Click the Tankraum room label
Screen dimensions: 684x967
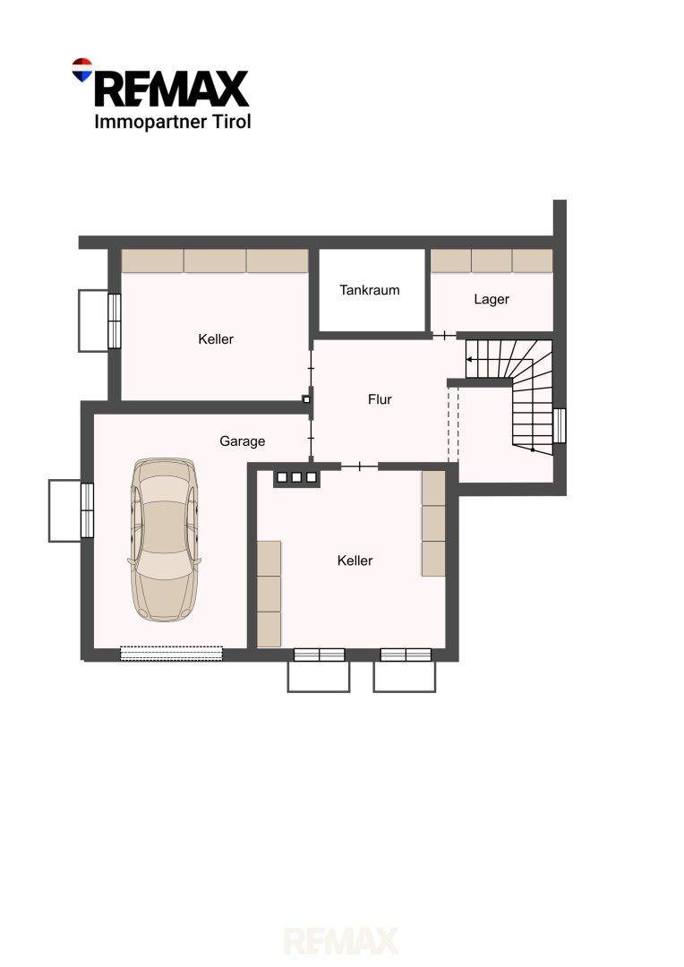click(370, 290)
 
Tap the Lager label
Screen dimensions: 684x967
click(492, 299)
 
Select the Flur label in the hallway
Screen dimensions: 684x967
click(380, 399)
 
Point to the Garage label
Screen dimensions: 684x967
click(243, 441)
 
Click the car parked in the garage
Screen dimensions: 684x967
click(165, 539)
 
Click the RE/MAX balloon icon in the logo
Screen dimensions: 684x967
click(82, 70)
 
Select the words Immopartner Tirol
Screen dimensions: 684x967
click(173, 122)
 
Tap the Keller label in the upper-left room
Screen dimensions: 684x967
click(216, 338)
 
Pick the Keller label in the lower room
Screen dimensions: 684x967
click(355, 561)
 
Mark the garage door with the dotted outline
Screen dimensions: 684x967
click(171, 653)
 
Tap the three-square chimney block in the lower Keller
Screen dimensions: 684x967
click(296, 476)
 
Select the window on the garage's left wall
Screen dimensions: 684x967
click(87, 510)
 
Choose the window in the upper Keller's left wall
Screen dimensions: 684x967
click(114, 321)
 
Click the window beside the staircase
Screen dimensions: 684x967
click(560, 425)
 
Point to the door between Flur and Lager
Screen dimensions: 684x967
click(444, 336)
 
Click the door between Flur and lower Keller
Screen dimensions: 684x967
click(359, 466)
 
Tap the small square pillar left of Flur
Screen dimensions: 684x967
click(306, 399)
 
